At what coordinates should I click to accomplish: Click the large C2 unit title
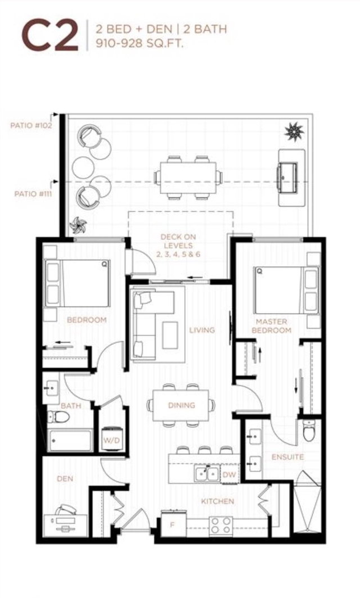[x=50, y=35]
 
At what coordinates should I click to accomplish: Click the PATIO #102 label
[x=31, y=126]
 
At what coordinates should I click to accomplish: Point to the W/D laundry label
[x=111, y=441]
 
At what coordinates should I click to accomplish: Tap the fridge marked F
[x=173, y=524]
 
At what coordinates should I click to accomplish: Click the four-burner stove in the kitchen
[x=220, y=526]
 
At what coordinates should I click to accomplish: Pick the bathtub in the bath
[x=69, y=441]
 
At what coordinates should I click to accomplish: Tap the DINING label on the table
[x=181, y=405]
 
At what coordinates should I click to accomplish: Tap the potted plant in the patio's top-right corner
[x=294, y=132]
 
